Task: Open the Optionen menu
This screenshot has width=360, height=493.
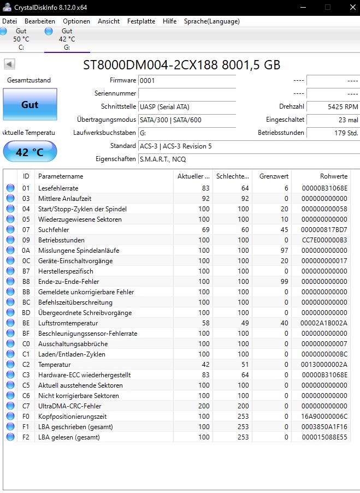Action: pos(76,21)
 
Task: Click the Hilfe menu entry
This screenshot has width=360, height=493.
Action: pos(169,21)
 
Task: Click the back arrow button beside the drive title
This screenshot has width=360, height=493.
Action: pos(9,64)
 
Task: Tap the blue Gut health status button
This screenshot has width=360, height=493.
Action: pos(29,104)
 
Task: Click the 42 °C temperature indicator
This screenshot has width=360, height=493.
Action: pos(29,152)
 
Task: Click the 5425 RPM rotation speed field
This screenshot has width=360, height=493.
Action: pos(332,106)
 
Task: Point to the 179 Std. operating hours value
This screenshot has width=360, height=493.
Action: pos(332,133)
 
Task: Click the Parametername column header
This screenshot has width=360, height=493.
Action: pos(61,176)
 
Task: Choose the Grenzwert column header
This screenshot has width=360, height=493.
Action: pos(272,176)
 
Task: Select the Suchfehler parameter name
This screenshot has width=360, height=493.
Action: pos(54,230)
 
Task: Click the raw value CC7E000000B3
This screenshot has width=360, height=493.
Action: pos(324,240)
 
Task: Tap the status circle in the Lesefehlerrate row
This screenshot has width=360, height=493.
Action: pos(10,188)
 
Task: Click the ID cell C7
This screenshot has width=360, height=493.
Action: pos(26,406)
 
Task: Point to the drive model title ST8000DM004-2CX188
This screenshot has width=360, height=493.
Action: pos(150,65)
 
